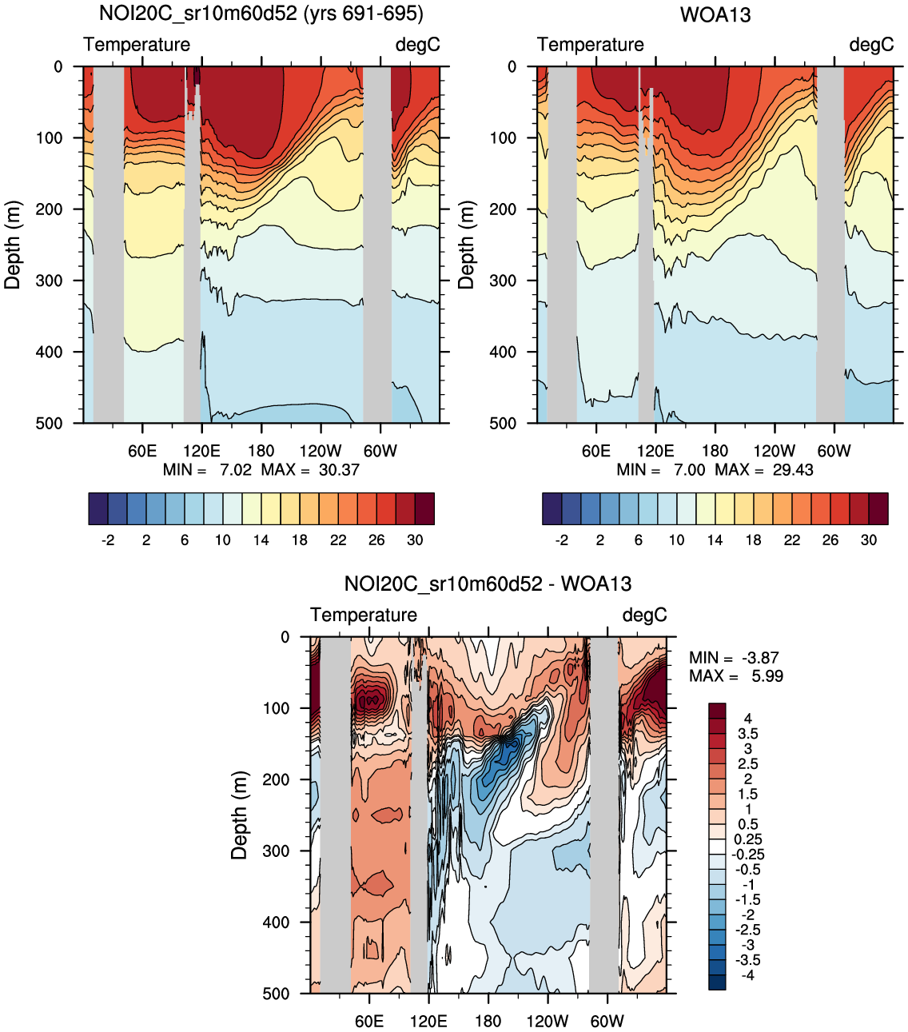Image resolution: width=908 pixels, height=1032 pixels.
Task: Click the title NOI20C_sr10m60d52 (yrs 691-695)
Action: (261, 14)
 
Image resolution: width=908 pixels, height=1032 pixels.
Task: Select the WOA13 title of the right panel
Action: (715, 15)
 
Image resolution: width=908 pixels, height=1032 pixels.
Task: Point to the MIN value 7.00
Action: (689, 470)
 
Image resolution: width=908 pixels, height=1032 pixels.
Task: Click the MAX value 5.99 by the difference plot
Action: (767, 676)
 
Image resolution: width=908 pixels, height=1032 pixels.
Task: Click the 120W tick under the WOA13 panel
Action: (774, 451)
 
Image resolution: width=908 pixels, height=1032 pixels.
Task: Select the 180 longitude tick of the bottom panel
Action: (488, 1021)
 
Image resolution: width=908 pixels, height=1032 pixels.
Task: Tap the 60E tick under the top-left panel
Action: (142, 451)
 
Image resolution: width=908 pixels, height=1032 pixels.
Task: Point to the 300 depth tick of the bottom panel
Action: (277, 851)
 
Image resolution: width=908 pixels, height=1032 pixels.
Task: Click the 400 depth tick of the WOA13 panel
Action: (503, 352)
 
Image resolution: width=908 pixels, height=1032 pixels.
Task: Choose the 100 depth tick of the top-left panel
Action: (49, 137)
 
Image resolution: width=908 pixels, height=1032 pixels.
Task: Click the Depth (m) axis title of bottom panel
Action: (239, 815)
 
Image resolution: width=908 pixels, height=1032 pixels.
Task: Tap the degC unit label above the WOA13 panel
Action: (871, 45)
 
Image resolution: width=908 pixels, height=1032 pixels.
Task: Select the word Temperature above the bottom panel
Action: (364, 615)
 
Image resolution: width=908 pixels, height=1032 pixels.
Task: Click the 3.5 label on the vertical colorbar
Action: (748, 734)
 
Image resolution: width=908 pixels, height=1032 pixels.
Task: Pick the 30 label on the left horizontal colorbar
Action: (415, 540)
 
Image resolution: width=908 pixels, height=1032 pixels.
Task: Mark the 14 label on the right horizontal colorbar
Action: (715, 540)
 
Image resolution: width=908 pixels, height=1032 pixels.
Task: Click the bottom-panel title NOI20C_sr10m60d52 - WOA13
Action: (488, 584)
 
